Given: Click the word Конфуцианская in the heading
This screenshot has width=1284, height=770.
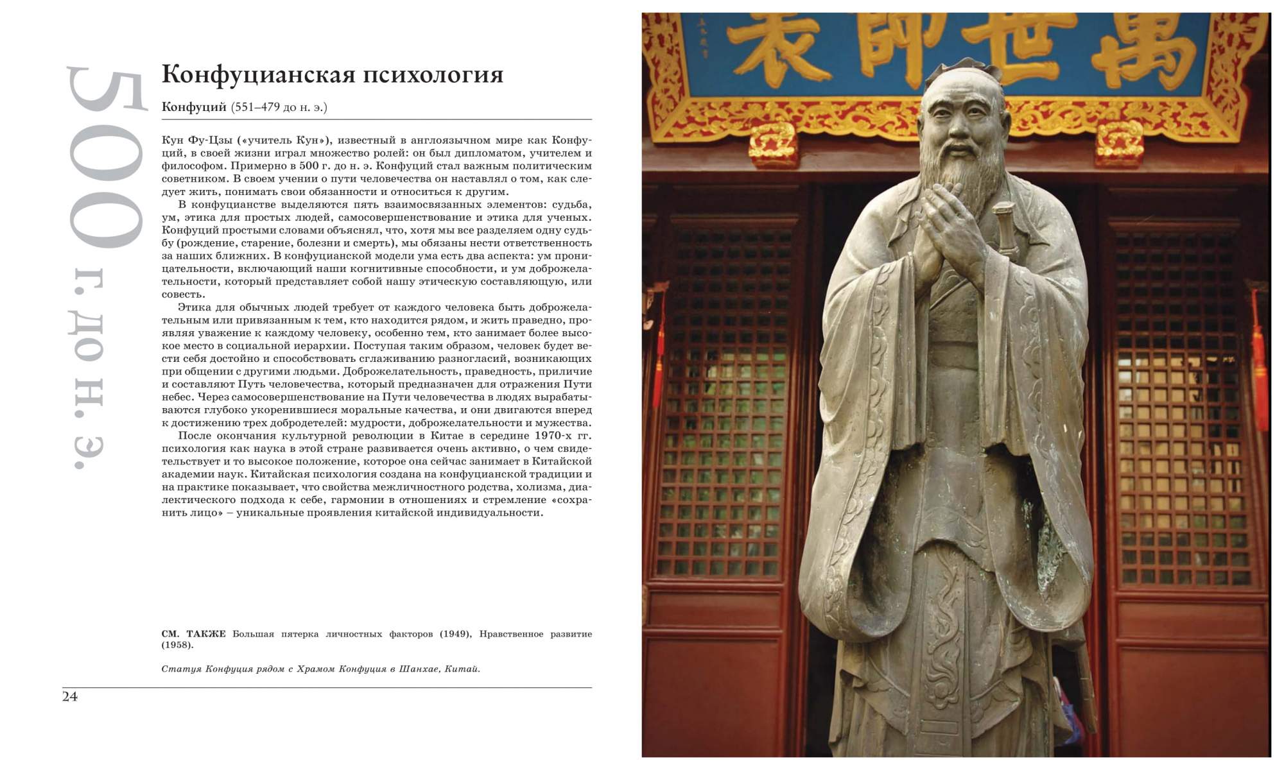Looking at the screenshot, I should tap(257, 74).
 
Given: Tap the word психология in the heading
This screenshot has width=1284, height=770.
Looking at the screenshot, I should tap(433, 76).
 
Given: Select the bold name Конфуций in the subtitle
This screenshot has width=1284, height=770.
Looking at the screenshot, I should tap(194, 107).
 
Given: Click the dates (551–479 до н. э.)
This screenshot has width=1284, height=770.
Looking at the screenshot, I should tap(279, 107).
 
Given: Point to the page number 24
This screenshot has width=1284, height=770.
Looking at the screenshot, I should tap(70, 697).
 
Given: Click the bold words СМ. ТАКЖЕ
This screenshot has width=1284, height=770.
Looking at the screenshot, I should tap(194, 634).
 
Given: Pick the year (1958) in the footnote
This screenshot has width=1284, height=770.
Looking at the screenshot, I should tap(177, 645).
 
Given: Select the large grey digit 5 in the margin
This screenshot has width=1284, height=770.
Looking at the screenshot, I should tap(106, 99).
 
